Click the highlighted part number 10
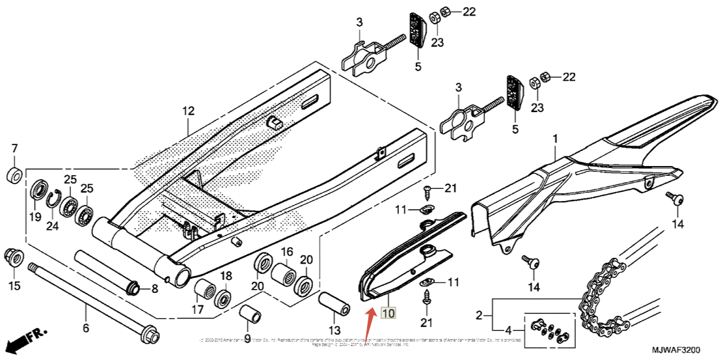coord(388,314)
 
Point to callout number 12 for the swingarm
coord(188,111)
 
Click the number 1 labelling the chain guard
coord(555,139)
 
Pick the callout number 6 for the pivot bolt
coord(85,328)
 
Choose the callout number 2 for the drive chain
coord(479,315)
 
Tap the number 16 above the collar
coord(286,252)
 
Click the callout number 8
coord(154,289)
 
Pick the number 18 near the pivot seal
coord(226,276)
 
